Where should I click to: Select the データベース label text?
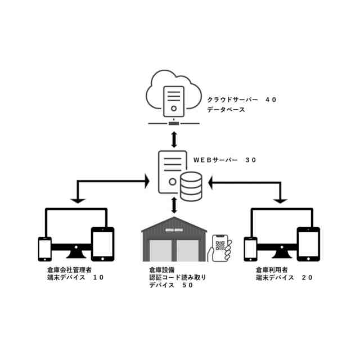pos(226,110)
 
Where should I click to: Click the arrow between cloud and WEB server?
pos(174,137)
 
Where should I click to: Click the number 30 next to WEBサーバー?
pos(250,160)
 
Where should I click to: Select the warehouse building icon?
pos(174,239)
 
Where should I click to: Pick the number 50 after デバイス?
pos(187,285)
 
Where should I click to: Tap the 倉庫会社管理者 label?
pos(69,269)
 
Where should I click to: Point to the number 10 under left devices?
pos(98,277)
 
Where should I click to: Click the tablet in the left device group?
pos(102,244)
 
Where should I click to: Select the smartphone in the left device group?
pos(44,249)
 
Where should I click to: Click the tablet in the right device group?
pos(308,244)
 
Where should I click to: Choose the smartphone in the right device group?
pos(250,249)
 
